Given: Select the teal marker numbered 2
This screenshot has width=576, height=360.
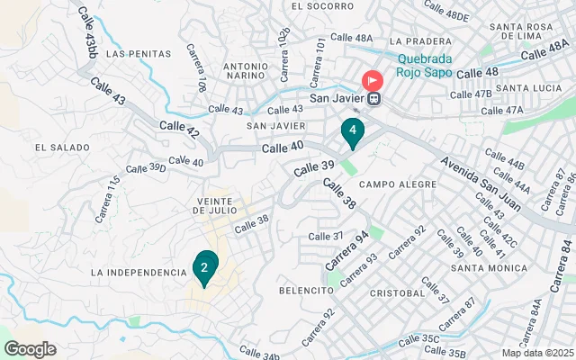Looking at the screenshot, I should [x=205, y=267].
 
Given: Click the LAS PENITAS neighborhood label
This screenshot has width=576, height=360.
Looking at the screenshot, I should [x=138, y=54].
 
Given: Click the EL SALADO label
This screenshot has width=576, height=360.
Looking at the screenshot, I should [x=61, y=147].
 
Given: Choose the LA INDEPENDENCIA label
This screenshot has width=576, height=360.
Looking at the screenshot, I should [x=139, y=272].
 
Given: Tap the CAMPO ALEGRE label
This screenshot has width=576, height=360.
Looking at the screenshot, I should [x=397, y=184].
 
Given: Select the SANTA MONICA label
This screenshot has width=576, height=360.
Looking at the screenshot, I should [x=489, y=268].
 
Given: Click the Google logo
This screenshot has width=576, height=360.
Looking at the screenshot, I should [x=30, y=349].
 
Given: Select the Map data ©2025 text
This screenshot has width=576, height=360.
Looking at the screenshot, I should [x=537, y=353].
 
